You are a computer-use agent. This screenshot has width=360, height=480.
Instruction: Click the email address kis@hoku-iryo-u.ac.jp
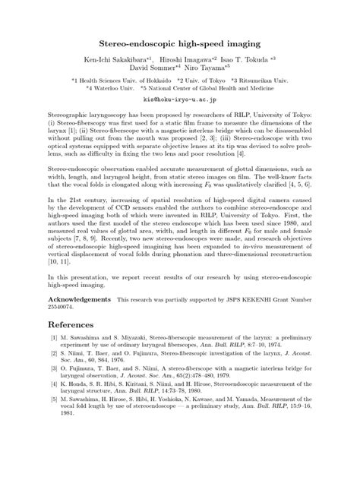tap(179, 99)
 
